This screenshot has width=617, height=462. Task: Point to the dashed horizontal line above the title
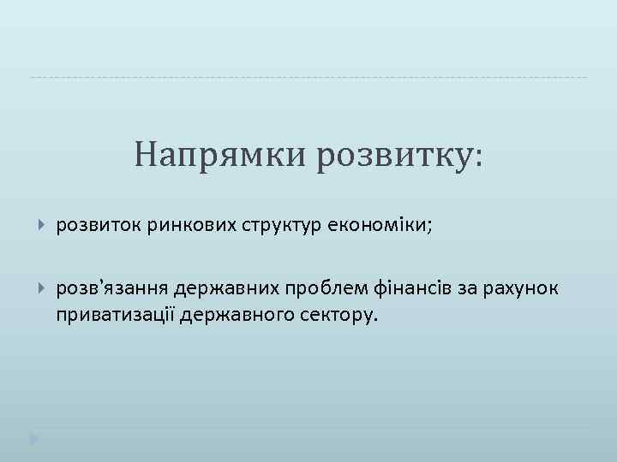308,78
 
